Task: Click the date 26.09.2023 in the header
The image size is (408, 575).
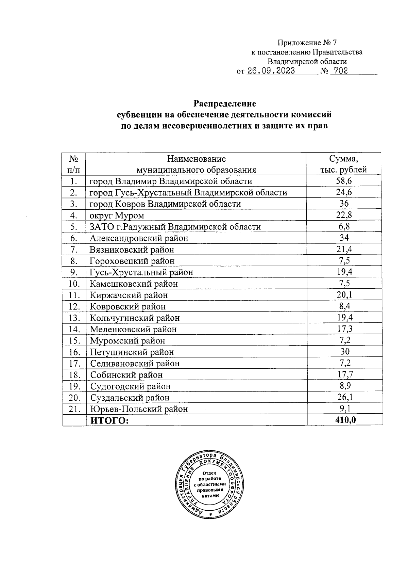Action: pos(271,71)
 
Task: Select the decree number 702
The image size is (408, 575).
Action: pos(341,71)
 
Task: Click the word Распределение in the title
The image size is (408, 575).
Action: pos(224,103)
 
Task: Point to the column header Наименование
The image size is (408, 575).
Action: pos(196,159)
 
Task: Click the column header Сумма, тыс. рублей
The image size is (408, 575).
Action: pos(343,164)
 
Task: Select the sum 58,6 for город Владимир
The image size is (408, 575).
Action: pos(344,181)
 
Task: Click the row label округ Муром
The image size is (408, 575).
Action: pos(117,215)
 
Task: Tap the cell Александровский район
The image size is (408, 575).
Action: pos(139,238)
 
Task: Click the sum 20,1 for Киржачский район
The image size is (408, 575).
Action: pos(344,295)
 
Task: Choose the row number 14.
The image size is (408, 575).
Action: pos(74,329)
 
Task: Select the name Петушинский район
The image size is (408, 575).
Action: pos(132,352)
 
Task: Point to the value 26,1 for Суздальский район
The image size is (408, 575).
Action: pos(344,397)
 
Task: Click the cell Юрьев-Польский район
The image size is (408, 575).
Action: pos(139,409)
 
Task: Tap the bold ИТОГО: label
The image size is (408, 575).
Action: pos(109,420)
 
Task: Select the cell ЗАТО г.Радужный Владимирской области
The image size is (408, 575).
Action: pos(175,227)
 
